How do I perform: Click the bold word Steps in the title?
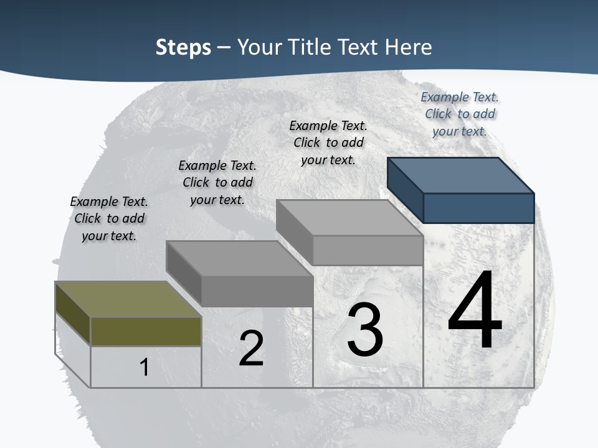coord(183,47)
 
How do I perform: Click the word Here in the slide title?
coord(408,47)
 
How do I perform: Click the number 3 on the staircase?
coord(365,330)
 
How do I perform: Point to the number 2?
coord(251,348)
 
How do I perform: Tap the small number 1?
coord(145,367)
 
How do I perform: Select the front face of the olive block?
coord(146,332)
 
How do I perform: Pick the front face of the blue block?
coord(478,208)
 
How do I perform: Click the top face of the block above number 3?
coord(349,217)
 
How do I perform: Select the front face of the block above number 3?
coord(368,250)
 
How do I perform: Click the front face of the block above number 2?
coord(257,291)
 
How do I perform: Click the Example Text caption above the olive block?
coord(109,218)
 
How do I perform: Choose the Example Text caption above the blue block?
coord(460,114)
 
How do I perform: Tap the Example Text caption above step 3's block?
coord(328,142)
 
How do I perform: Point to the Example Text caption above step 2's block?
coord(217,182)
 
